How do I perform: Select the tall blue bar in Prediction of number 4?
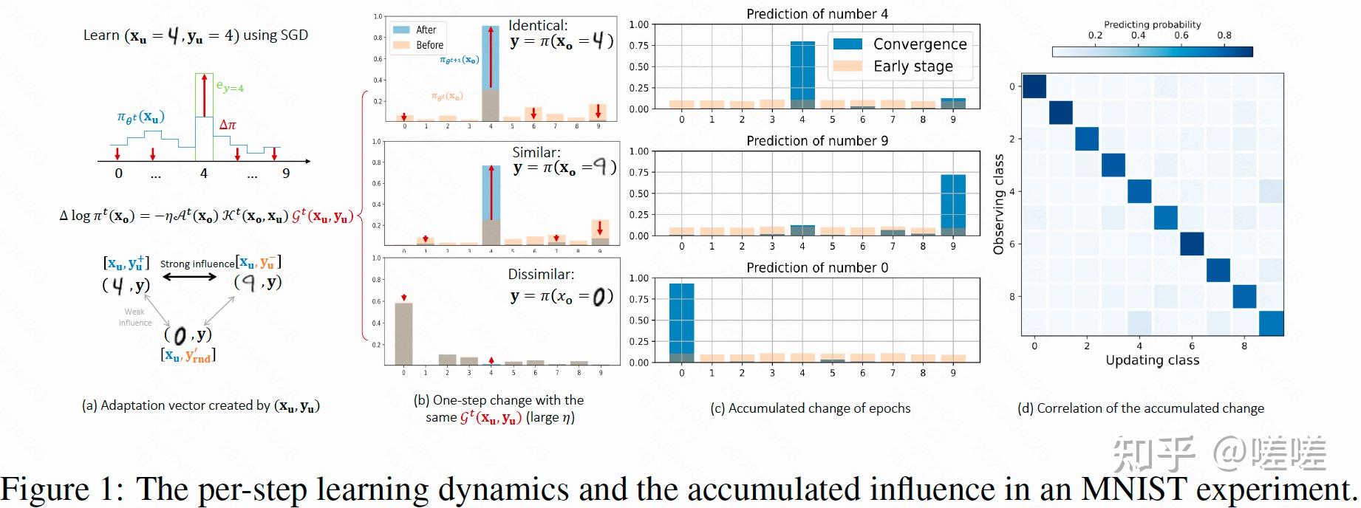802,71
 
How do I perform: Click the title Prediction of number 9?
816,140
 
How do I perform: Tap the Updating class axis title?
1152,360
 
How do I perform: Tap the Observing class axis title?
999,205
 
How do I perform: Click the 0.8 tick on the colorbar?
1224,35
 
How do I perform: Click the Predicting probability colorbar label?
1152,24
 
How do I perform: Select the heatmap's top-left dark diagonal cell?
1034,86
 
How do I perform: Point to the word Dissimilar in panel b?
540,275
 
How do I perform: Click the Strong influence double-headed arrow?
190,277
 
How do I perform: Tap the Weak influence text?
134,317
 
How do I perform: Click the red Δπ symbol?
228,125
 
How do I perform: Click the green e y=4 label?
230,87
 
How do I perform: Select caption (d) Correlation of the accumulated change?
1140,408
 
